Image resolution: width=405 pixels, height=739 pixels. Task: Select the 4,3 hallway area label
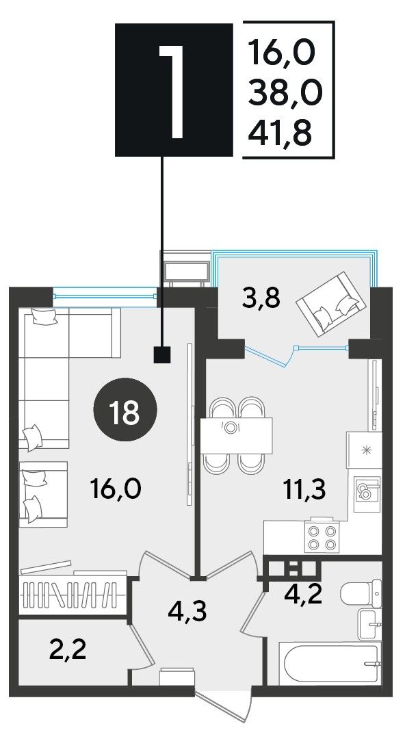point(187,612)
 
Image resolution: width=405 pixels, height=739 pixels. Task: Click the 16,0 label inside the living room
point(115,489)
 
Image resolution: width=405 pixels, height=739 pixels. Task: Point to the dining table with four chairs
point(236,435)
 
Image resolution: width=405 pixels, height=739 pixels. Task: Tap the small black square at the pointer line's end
point(162,355)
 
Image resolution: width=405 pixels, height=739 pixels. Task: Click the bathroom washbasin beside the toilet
point(369,624)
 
